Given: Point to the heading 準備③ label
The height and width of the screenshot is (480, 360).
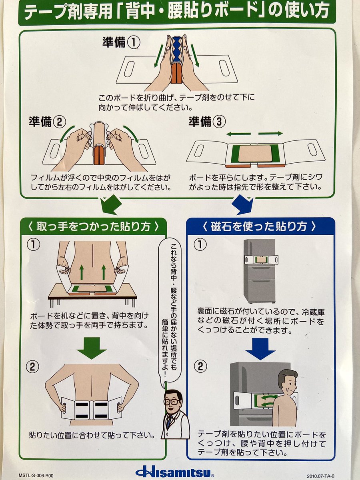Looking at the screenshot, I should pyautogui.click(x=206, y=122).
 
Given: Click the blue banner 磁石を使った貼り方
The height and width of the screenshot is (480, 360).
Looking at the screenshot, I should pyautogui.click(x=260, y=227).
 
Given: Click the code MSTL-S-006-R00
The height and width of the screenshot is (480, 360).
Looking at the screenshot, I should pyautogui.click(x=36, y=476).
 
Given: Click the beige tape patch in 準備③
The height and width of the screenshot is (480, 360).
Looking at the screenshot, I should pyautogui.click(x=255, y=154).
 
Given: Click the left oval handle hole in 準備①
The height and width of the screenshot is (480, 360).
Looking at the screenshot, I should pyautogui.click(x=129, y=69).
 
